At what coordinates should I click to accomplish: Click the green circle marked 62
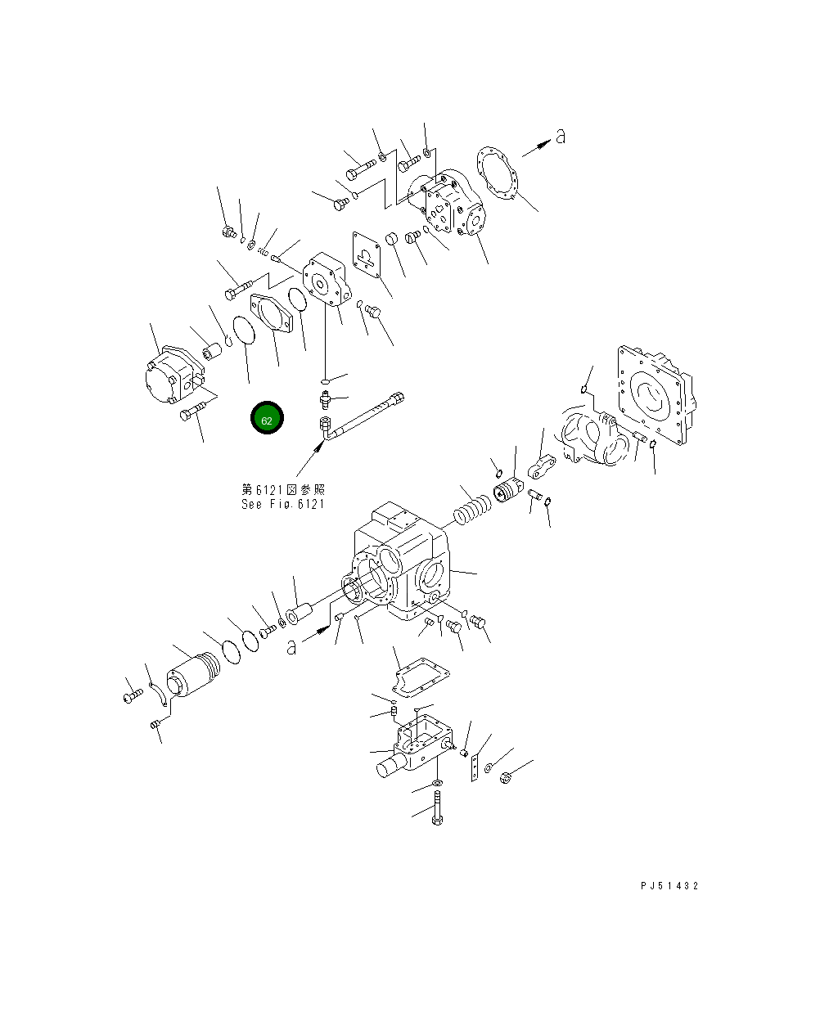point(267,419)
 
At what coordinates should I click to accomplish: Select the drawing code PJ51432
point(669,886)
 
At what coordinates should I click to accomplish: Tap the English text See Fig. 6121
point(282,504)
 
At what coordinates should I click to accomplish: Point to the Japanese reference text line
point(282,489)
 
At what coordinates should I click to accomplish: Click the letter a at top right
point(560,137)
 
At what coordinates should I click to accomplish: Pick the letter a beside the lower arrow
point(291,647)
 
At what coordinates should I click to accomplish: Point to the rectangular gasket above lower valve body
point(420,676)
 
